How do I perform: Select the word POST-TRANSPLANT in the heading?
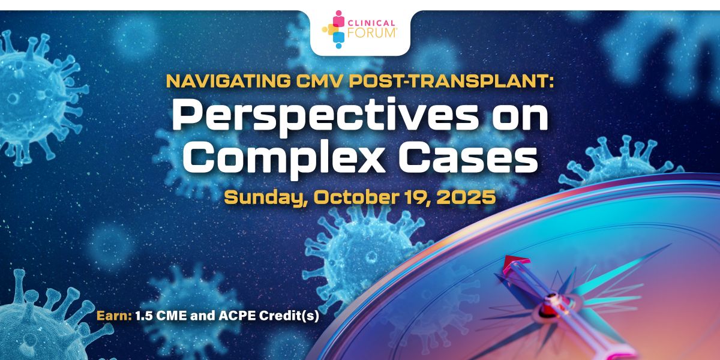click(452, 81)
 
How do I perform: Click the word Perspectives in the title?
click(325, 118)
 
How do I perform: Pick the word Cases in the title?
click(468, 158)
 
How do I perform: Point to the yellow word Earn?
click(114, 316)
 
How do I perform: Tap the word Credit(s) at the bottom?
click(289, 316)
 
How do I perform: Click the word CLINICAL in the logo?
click(371, 23)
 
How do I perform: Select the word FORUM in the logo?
click(372, 33)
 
